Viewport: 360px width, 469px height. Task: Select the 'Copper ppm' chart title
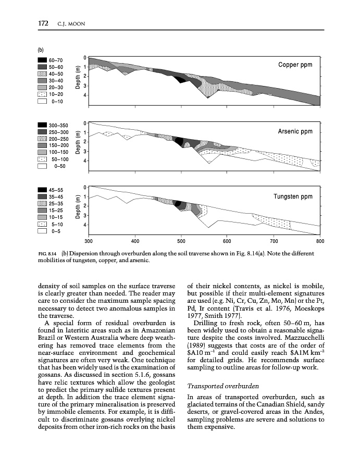click(295, 65)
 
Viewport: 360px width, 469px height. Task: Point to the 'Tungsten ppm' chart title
click(293, 196)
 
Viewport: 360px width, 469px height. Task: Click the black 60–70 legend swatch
click(42, 60)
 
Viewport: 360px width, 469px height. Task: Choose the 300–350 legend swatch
click(42, 126)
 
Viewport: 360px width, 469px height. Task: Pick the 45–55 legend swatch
click(42, 190)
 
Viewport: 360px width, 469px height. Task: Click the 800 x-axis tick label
click(320, 242)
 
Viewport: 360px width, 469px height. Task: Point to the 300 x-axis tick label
click(88, 242)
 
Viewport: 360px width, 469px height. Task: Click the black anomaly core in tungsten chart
click(178, 203)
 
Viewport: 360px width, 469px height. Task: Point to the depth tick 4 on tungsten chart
click(85, 225)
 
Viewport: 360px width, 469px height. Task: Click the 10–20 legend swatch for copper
click(42, 94)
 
